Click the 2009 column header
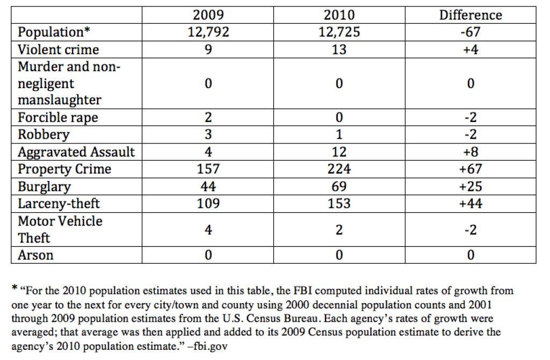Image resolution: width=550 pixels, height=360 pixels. click(208, 15)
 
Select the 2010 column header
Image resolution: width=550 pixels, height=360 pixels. click(339, 15)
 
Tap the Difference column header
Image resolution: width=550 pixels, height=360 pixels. click(471, 15)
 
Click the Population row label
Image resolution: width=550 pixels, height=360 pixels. click(54, 32)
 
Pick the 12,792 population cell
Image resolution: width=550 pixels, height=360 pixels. click(208, 32)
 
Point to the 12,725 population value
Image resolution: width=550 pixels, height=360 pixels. click(339, 32)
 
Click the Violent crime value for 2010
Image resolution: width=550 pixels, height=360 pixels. click(339, 49)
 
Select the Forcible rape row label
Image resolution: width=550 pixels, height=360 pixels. click(58, 118)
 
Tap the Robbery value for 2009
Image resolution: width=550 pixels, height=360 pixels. click(208, 134)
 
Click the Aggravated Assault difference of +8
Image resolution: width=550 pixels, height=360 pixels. click(471, 152)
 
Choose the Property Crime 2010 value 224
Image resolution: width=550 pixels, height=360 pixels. click(339, 169)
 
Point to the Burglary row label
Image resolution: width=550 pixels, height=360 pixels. click(44, 186)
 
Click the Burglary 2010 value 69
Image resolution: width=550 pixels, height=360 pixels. click(339, 186)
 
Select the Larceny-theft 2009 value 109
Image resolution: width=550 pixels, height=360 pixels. click(208, 204)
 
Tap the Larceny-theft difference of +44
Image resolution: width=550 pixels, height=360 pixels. click(471, 204)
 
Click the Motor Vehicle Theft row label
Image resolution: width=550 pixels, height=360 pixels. click(60, 229)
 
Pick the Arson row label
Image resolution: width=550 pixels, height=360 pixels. click(35, 255)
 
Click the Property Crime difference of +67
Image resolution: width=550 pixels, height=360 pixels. click(471, 169)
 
